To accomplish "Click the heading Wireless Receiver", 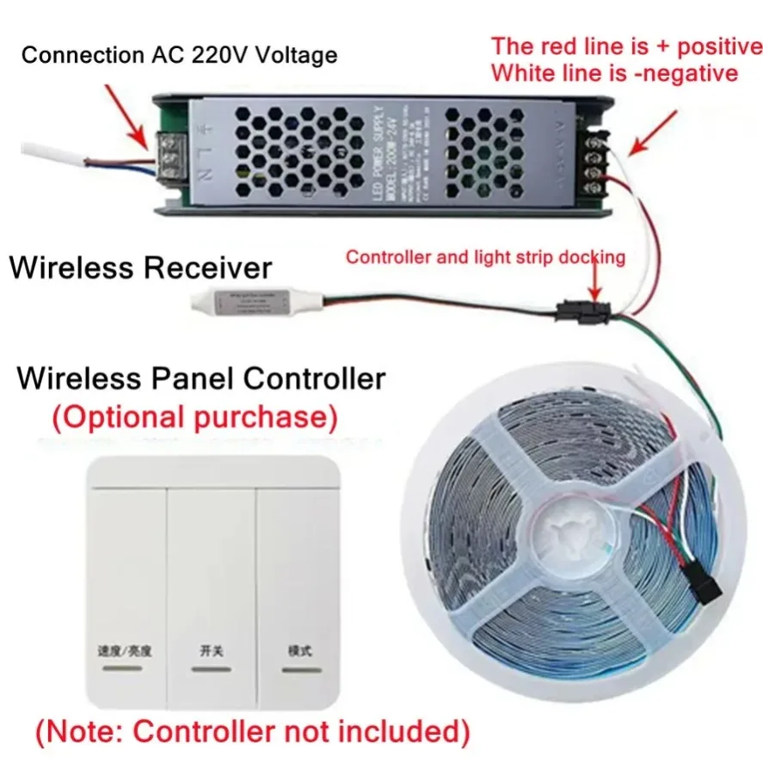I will [x=140, y=268].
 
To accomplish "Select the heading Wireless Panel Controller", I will [x=201, y=378].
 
